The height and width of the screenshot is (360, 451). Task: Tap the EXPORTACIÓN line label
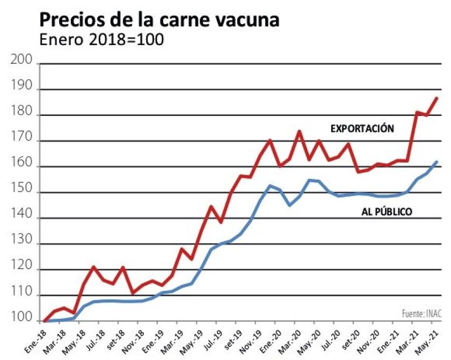pyautogui.click(x=362, y=129)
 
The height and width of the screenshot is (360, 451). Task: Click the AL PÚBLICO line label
pyautogui.click(x=386, y=212)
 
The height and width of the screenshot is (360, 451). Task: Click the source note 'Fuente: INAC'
pyautogui.click(x=421, y=313)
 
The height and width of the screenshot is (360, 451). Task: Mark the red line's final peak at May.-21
pyautogui.click(x=437, y=98)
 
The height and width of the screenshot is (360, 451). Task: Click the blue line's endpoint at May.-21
pyautogui.click(x=437, y=161)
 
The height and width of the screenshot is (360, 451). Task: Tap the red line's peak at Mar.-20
pyautogui.click(x=299, y=131)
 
